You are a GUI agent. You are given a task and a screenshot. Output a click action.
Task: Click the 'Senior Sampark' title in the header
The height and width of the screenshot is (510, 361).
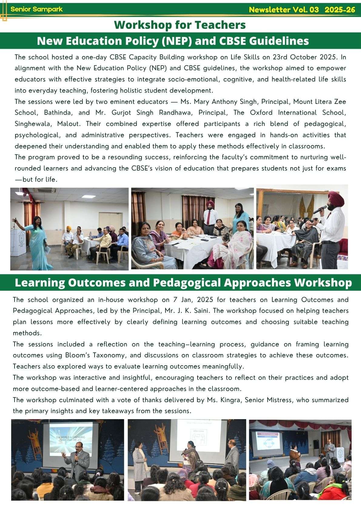[x=37, y=9]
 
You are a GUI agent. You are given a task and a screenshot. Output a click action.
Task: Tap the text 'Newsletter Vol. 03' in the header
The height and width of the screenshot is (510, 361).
[x=284, y=10]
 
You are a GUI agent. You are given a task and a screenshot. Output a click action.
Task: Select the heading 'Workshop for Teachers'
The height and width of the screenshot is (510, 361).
[x=180, y=25]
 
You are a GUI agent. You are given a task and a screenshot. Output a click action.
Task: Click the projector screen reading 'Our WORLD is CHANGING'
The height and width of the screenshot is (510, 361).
[x=70, y=439]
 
